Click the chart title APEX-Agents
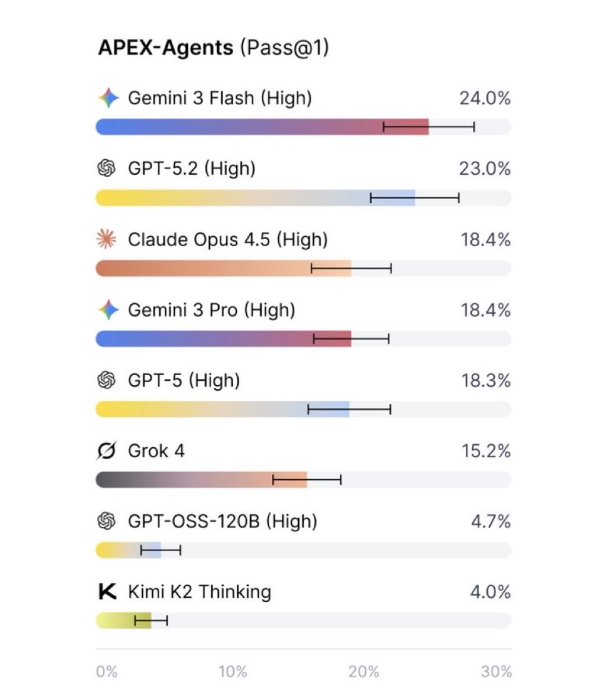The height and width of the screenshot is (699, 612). pyautogui.click(x=165, y=48)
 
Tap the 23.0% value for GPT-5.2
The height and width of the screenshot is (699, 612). pyautogui.click(x=485, y=168)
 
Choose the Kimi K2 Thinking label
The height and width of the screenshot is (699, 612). pyautogui.click(x=199, y=592)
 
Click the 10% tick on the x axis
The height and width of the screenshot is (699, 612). pyautogui.click(x=233, y=672)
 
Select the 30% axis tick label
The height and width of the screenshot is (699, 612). pyautogui.click(x=497, y=672)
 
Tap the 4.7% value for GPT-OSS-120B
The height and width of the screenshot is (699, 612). pyautogui.click(x=490, y=521)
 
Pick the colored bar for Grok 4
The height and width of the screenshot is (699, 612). pyautogui.click(x=201, y=480)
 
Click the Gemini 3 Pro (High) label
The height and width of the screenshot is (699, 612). pyautogui.click(x=211, y=310)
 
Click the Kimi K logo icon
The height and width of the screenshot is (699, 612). pyautogui.click(x=108, y=592)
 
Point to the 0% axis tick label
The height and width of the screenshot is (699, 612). pyautogui.click(x=106, y=672)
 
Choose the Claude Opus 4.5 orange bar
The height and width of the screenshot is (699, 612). pyautogui.click(x=223, y=268)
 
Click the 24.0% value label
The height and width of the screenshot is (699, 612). pyautogui.click(x=485, y=98)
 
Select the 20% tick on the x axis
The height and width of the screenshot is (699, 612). pyautogui.click(x=364, y=672)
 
